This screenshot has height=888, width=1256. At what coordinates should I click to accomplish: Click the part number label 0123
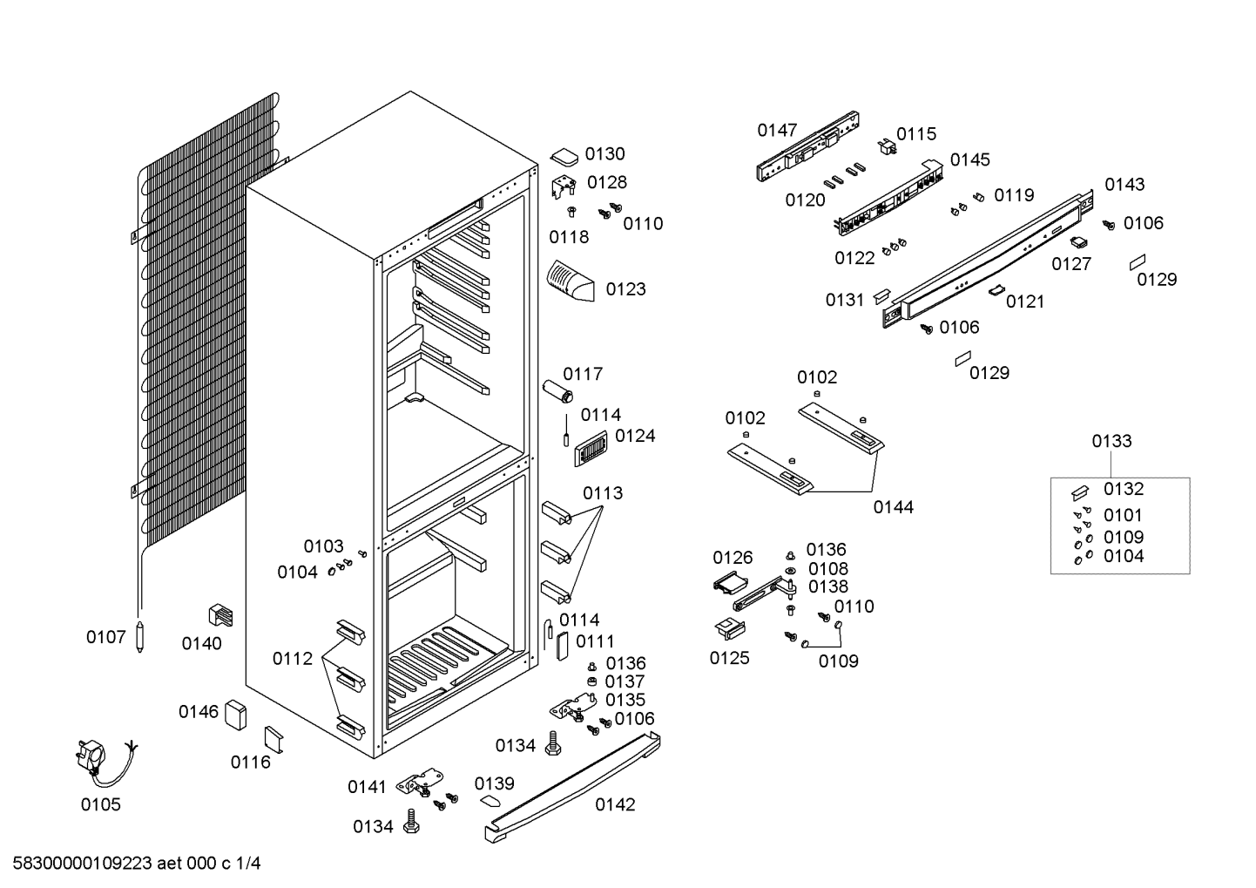tap(625, 289)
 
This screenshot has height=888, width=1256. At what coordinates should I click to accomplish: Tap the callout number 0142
tap(615, 805)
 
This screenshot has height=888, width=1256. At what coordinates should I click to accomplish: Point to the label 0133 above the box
tap(1111, 442)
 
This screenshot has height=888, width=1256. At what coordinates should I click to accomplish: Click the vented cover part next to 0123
tap(571, 281)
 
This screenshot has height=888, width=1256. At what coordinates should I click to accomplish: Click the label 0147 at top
tap(777, 131)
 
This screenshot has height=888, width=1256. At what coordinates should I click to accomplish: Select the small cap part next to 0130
tap(564, 157)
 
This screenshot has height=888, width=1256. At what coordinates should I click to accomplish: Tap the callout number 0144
tap(893, 508)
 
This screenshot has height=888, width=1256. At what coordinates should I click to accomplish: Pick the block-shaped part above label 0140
tap(220, 615)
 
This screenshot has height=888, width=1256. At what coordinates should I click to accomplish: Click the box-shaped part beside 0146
tap(235, 715)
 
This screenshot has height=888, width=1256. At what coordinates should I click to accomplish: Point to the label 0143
tap(1124, 185)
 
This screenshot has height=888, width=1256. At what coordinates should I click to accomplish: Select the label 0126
tap(733, 558)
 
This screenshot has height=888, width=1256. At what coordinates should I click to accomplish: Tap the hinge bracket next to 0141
tap(420, 782)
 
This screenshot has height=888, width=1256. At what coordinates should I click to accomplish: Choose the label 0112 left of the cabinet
tap(292, 659)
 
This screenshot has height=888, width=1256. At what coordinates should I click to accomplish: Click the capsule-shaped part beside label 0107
tap(140, 636)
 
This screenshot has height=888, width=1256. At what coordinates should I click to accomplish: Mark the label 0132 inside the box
tap(1124, 489)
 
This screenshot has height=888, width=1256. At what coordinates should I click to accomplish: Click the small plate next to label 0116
tap(274, 740)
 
